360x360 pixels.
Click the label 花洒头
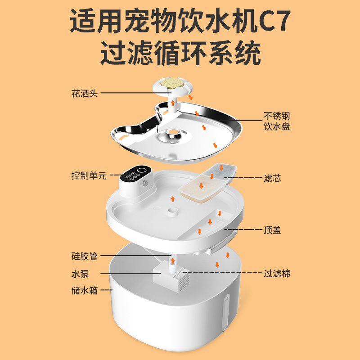point(85,93)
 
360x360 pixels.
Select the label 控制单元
point(89,175)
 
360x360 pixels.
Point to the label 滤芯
point(272,178)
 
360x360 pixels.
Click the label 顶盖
point(272,230)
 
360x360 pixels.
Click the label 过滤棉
point(276,273)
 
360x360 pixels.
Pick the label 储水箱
point(84,290)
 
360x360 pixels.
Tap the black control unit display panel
point(136,174)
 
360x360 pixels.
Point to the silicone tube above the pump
point(172,262)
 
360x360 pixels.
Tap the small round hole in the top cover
point(171,210)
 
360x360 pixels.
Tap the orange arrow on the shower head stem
point(171,103)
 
